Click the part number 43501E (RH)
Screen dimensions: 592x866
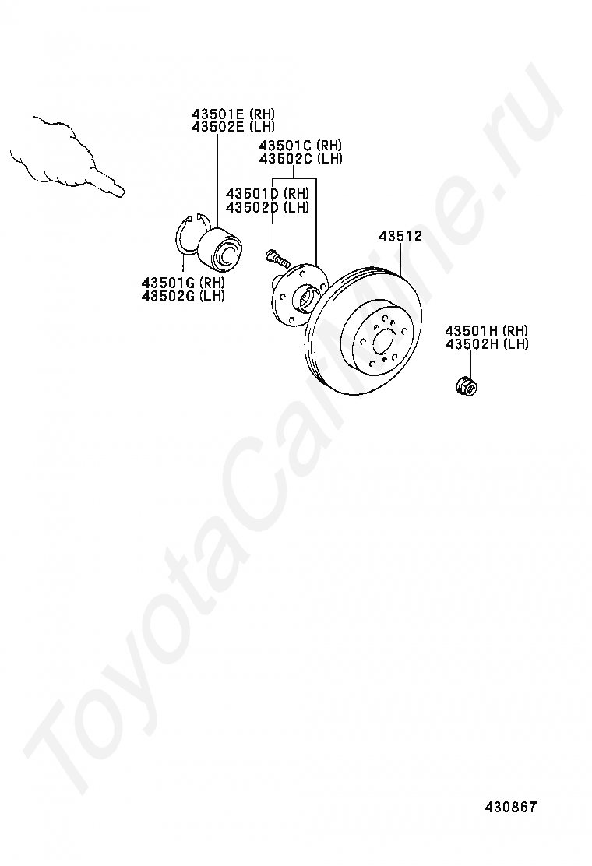[233, 114]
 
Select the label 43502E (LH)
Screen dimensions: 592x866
[233, 126]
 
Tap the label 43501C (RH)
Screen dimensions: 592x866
[300, 146]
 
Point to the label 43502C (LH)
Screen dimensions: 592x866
[300, 158]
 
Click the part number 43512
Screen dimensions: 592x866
[400, 236]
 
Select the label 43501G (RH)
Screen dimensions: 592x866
[183, 283]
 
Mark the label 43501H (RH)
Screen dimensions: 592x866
[487, 331]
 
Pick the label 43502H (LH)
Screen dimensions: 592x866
[487, 343]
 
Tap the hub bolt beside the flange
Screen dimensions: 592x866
[276, 255]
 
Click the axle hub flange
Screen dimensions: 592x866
[297, 294]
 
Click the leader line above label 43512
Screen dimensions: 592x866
[400, 257]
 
